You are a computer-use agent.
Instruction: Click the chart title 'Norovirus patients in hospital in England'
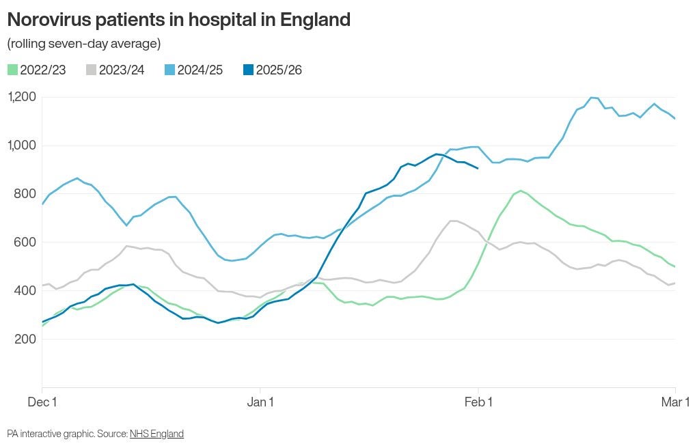click(x=178, y=20)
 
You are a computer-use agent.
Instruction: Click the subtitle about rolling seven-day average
click(x=83, y=44)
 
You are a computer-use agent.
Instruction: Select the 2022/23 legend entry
click(x=37, y=70)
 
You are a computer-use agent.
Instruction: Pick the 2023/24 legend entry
click(x=115, y=70)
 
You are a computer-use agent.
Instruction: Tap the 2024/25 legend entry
click(x=194, y=70)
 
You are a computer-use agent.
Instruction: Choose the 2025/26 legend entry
click(x=273, y=70)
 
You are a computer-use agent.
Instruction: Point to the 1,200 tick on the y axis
click(x=22, y=97)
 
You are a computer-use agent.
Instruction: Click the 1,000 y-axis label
click(x=22, y=145)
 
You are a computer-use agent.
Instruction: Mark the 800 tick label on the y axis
click(x=25, y=194)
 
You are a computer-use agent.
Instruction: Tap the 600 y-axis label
click(x=25, y=242)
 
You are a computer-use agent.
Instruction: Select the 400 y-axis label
click(x=25, y=291)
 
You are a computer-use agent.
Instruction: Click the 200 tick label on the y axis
click(x=25, y=339)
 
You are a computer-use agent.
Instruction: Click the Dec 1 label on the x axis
click(x=42, y=402)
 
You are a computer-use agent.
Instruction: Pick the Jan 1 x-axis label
click(x=260, y=402)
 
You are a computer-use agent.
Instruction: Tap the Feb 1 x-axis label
click(x=478, y=402)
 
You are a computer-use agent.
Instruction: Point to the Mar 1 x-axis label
click(x=675, y=402)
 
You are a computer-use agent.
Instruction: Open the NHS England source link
click(x=156, y=434)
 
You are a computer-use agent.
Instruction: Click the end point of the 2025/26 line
click(x=478, y=168)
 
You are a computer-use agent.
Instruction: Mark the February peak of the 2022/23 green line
click(x=520, y=191)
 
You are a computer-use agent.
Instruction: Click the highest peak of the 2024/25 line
click(x=592, y=98)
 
